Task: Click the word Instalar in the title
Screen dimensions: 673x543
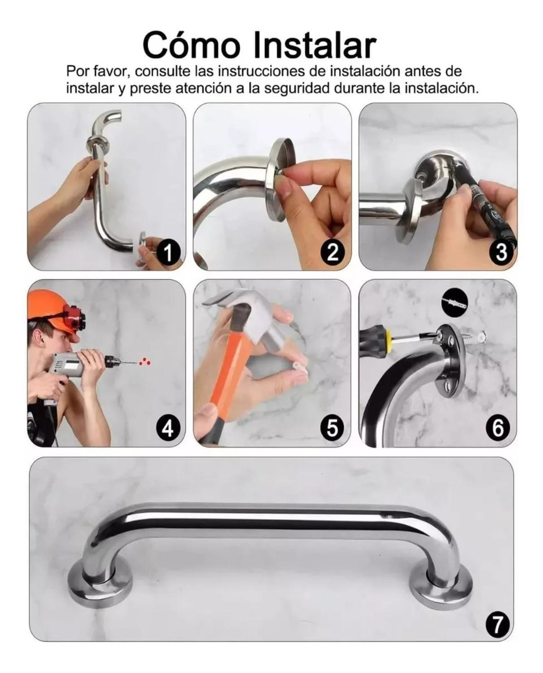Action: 314,45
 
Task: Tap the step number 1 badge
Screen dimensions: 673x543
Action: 167,253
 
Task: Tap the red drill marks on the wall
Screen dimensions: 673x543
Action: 145,360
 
